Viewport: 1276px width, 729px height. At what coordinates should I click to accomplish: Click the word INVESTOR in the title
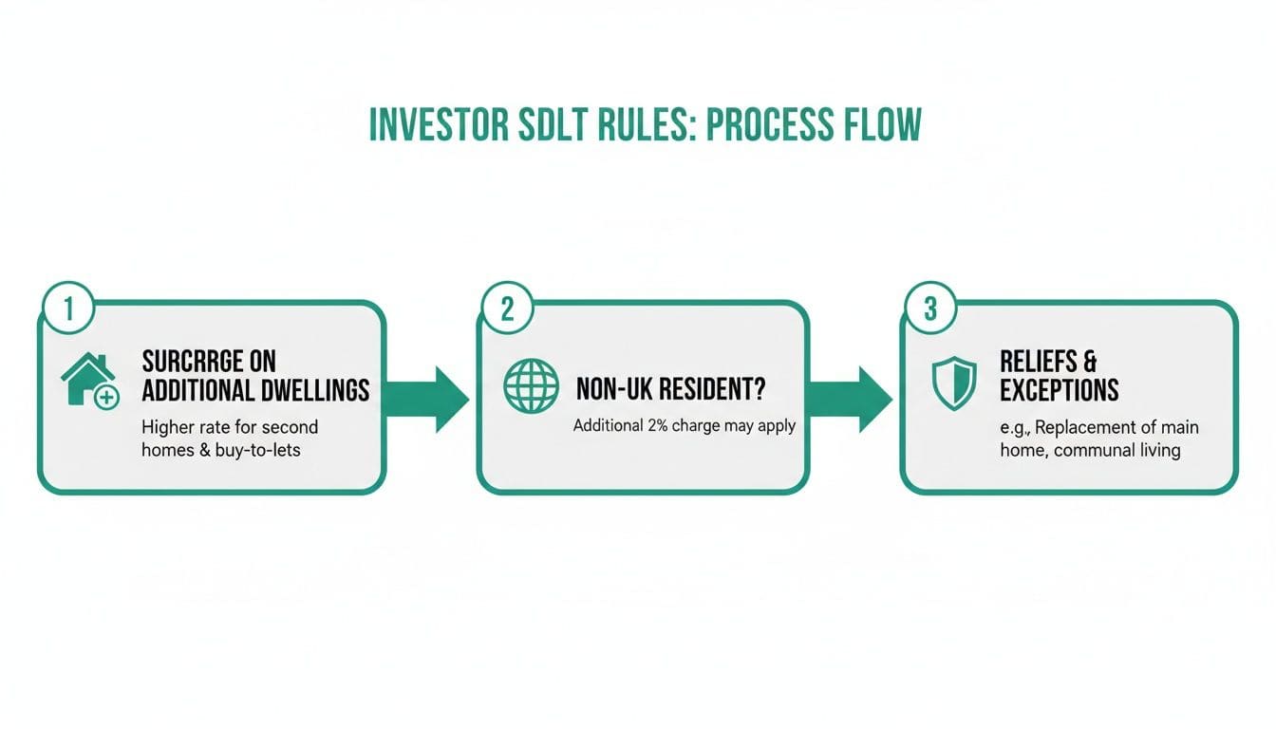coord(440,123)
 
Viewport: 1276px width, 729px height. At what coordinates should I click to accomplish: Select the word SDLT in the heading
coord(552,123)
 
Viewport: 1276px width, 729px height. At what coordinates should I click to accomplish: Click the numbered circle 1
coord(68,308)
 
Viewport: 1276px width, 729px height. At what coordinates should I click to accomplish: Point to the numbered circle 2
coord(507,308)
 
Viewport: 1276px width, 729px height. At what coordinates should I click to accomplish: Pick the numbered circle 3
coord(930,308)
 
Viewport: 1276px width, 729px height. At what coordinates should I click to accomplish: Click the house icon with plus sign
coord(90,381)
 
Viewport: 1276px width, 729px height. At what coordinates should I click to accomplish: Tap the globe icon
coord(531,385)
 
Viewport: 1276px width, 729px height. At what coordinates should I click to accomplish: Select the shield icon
coord(954,383)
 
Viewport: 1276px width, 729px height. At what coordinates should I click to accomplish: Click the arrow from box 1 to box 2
coord(426,400)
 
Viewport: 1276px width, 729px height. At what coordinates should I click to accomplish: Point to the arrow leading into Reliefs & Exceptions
coord(850,400)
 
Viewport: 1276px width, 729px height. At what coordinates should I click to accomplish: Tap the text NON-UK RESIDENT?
coord(671,389)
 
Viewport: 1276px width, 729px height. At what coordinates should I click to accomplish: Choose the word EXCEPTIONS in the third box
coord(1059,391)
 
